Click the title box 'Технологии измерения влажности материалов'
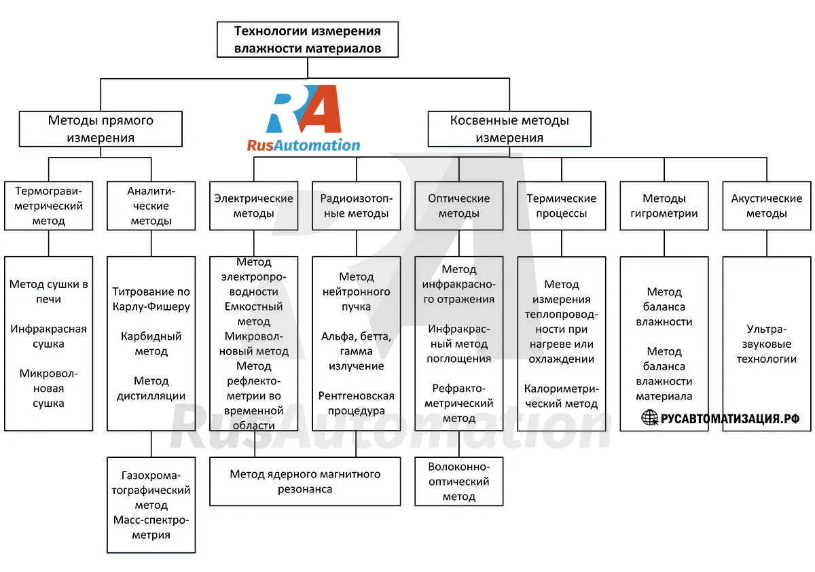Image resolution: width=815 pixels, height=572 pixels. [308, 39]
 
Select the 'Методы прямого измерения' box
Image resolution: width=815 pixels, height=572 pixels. [101, 129]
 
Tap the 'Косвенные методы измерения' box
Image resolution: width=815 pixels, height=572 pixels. [509, 129]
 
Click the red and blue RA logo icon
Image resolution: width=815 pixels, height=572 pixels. [304, 109]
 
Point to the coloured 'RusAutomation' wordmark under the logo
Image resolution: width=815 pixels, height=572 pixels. [304, 145]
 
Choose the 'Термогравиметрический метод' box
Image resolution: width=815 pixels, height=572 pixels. [48, 206]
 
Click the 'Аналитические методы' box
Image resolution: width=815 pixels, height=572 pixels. [151, 206]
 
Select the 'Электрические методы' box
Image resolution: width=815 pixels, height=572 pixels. [253, 206]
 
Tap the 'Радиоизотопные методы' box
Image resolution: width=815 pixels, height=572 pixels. [356, 206]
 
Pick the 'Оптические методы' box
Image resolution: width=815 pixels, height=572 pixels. [459, 206]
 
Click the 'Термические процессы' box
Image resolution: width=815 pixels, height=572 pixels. [562, 206]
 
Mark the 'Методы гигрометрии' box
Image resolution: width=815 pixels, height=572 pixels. [664, 206]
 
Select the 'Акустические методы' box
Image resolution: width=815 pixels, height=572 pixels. [767, 206]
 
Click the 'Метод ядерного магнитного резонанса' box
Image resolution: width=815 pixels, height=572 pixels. [305, 482]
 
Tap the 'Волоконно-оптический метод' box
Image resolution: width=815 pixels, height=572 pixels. [459, 482]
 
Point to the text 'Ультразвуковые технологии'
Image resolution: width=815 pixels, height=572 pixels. [767, 344]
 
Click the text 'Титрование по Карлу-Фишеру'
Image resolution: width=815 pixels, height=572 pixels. [151, 299]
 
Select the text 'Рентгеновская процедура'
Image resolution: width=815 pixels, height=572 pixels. [356, 403]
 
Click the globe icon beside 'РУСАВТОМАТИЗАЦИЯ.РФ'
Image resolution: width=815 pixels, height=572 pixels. [650, 417]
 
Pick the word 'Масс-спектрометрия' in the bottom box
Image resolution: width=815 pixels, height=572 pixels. [151, 527]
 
